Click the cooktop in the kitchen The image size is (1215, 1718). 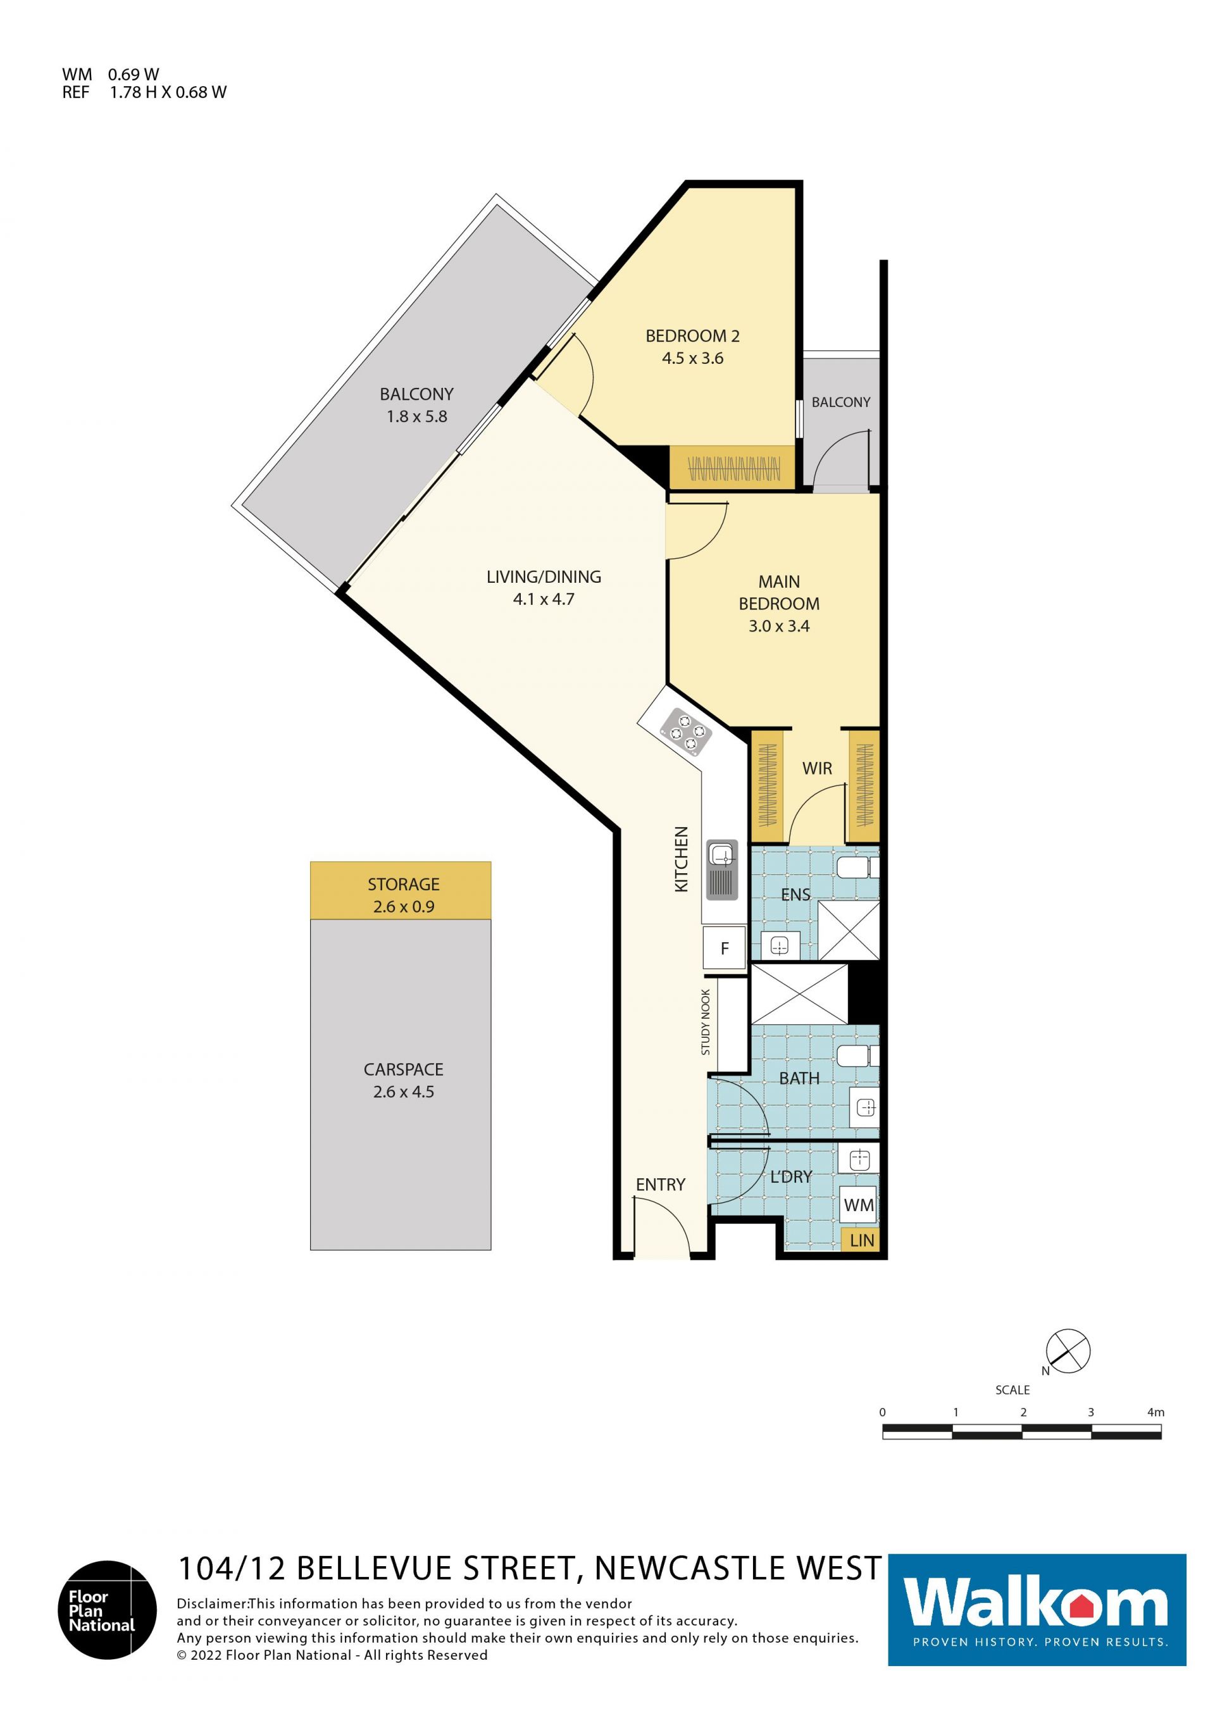click(x=685, y=730)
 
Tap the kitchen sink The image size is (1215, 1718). click(x=722, y=869)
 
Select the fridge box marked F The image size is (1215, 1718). click(x=723, y=948)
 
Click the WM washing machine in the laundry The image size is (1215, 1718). click(x=858, y=1205)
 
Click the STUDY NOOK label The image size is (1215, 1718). click(x=706, y=1022)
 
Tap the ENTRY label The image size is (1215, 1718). click(x=661, y=1185)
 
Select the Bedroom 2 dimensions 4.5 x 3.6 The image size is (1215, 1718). click(x=692, y=358)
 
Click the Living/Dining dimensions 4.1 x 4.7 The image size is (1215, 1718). click(x=544, y=599)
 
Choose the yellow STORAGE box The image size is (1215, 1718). click(x=401, y=890)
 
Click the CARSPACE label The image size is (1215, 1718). click(x=403, y=1069)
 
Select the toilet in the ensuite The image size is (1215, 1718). click(x=857, y=868)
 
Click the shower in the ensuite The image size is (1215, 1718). click(x=849, y=931)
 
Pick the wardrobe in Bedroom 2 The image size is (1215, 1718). click(x=732, y=468)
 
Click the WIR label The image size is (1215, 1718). click(x=817, y=768)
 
